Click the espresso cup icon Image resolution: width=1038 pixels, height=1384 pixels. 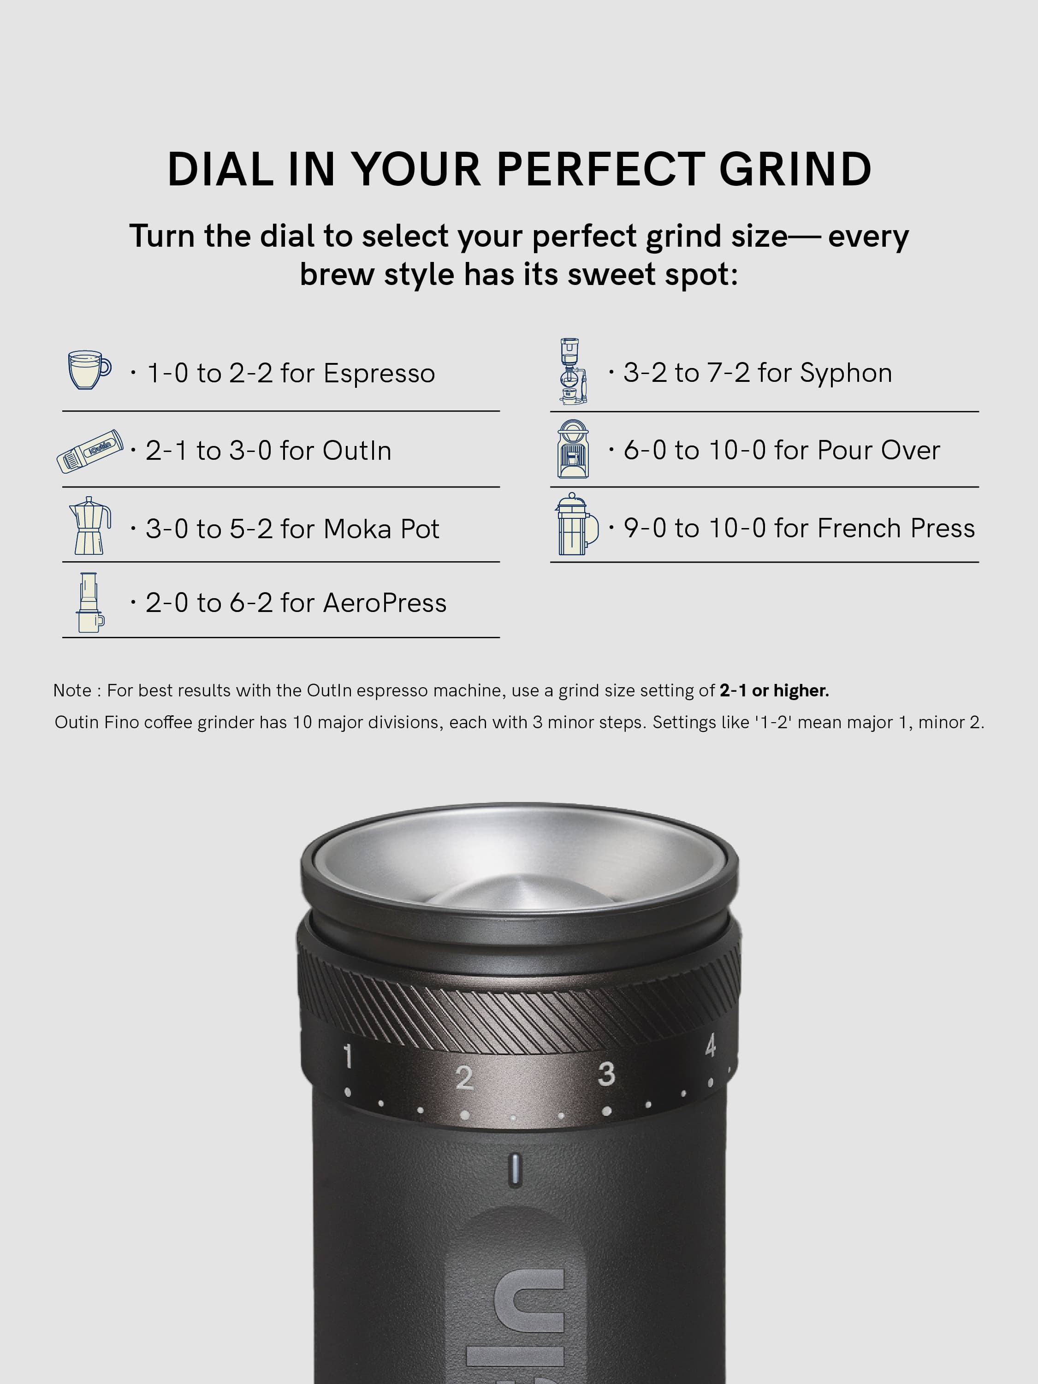coord(89,370)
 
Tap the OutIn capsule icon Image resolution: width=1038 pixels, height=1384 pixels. coord(90,451)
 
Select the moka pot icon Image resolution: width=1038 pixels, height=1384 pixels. coord(89,526)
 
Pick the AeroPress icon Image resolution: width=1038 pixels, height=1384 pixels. coord(90,602)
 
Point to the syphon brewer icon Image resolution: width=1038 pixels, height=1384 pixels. coord(573,371)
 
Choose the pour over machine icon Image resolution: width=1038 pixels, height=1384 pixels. coord(573,449)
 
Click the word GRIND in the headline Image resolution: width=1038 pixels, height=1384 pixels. coord(795,170)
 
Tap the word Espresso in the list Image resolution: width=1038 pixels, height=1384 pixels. coord(379,374)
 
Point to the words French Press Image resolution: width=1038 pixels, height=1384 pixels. coord(896,528)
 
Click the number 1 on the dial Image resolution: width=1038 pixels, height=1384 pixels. coord(348,1056)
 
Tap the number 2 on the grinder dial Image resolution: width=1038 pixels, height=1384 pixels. coord(463,1077)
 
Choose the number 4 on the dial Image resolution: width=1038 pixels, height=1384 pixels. coord(710,1045)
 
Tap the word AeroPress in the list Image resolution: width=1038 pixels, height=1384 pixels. coord(385,603)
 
